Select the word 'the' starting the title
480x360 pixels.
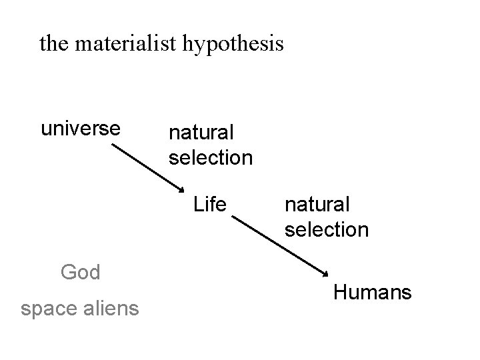55,44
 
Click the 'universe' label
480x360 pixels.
81,127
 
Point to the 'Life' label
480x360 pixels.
210,204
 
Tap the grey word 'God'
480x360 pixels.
80,272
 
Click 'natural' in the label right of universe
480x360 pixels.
198,133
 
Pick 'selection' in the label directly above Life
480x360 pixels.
211,158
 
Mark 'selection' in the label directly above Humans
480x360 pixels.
327,229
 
